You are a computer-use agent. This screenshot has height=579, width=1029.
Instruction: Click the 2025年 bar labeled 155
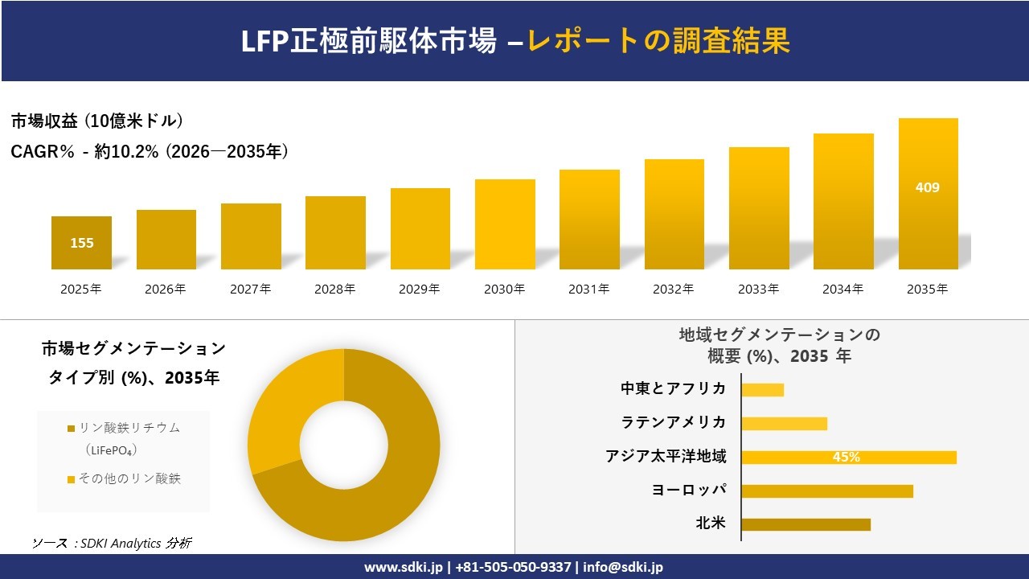click(x=81, y=243)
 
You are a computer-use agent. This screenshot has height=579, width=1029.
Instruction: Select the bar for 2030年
click(x=505, y=224)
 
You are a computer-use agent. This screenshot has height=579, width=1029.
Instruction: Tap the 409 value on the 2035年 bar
click(x=927, y=187)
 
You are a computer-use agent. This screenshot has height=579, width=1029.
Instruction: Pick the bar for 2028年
click(x=335, y=232)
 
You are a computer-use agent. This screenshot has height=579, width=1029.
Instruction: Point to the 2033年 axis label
click(x=758, y=289)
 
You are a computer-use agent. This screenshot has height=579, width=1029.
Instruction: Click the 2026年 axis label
click(x=166, y=289)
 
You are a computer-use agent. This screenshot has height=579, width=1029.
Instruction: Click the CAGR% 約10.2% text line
click(x=150, y=151)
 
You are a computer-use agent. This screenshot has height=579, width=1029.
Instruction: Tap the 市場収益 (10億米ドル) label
click(x=97, y=121)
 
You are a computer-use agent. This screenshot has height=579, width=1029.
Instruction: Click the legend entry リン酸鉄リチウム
click(x=129, y=429)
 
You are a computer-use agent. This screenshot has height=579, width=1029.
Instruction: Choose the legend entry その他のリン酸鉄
click(x=129, y=478)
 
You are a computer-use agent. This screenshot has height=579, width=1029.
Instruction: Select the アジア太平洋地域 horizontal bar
click(x=848, y=457)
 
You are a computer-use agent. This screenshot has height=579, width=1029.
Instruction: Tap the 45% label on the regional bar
click(x=846, y=457)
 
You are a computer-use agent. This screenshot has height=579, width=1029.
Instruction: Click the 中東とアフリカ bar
click(x=762, y=389)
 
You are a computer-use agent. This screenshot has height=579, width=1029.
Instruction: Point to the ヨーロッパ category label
click(x=689, y=490)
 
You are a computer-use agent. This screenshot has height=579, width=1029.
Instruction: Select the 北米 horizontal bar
click(x=806, y=524)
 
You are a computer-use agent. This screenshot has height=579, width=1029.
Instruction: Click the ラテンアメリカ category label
click(x=673, y=422)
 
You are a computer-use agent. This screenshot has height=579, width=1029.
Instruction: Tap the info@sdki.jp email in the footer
click(x=623, y=567)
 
